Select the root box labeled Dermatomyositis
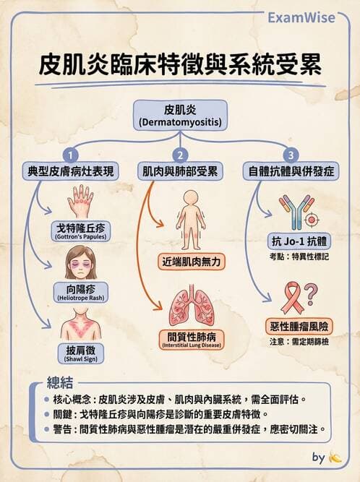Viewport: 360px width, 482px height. tap(180, 116)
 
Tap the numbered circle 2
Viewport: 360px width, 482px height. tap(179, 155)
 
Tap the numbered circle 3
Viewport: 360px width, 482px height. tap(291, 155)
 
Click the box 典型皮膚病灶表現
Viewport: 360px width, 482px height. tap(71, 172)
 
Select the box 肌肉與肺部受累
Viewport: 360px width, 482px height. tap(179, 172)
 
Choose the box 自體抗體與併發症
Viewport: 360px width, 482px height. tap(290, 172)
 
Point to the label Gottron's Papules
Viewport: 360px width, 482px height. tap(81, 231)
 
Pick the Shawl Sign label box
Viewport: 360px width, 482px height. tap(80, 353)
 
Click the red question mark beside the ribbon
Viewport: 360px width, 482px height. tap(310, 293)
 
